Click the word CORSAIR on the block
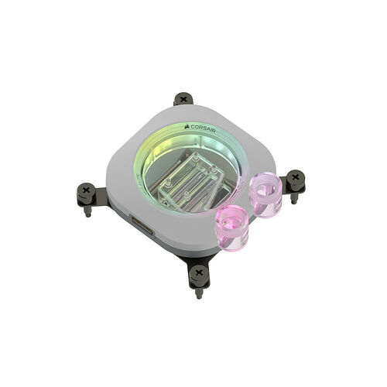pyautogui.click(x=204, y=128)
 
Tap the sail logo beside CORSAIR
pyautogui.click(x=187, y=126)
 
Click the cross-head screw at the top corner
pyautogui.click(x=183, y=98)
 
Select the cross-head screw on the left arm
pyautogui.click(x=87, y=191)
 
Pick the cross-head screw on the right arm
pyautogui.click(x=296, y=177)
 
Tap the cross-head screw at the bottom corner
pyautogui.click(x=198, y=272)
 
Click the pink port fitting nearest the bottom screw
pyautogui.click(x=231, y=224)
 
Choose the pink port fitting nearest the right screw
pyautogui.click(x=265, y=193)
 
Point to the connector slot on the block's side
pyautogui.click(x=142, y=226)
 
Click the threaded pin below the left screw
pyautogui.click(x=88, y=211)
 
